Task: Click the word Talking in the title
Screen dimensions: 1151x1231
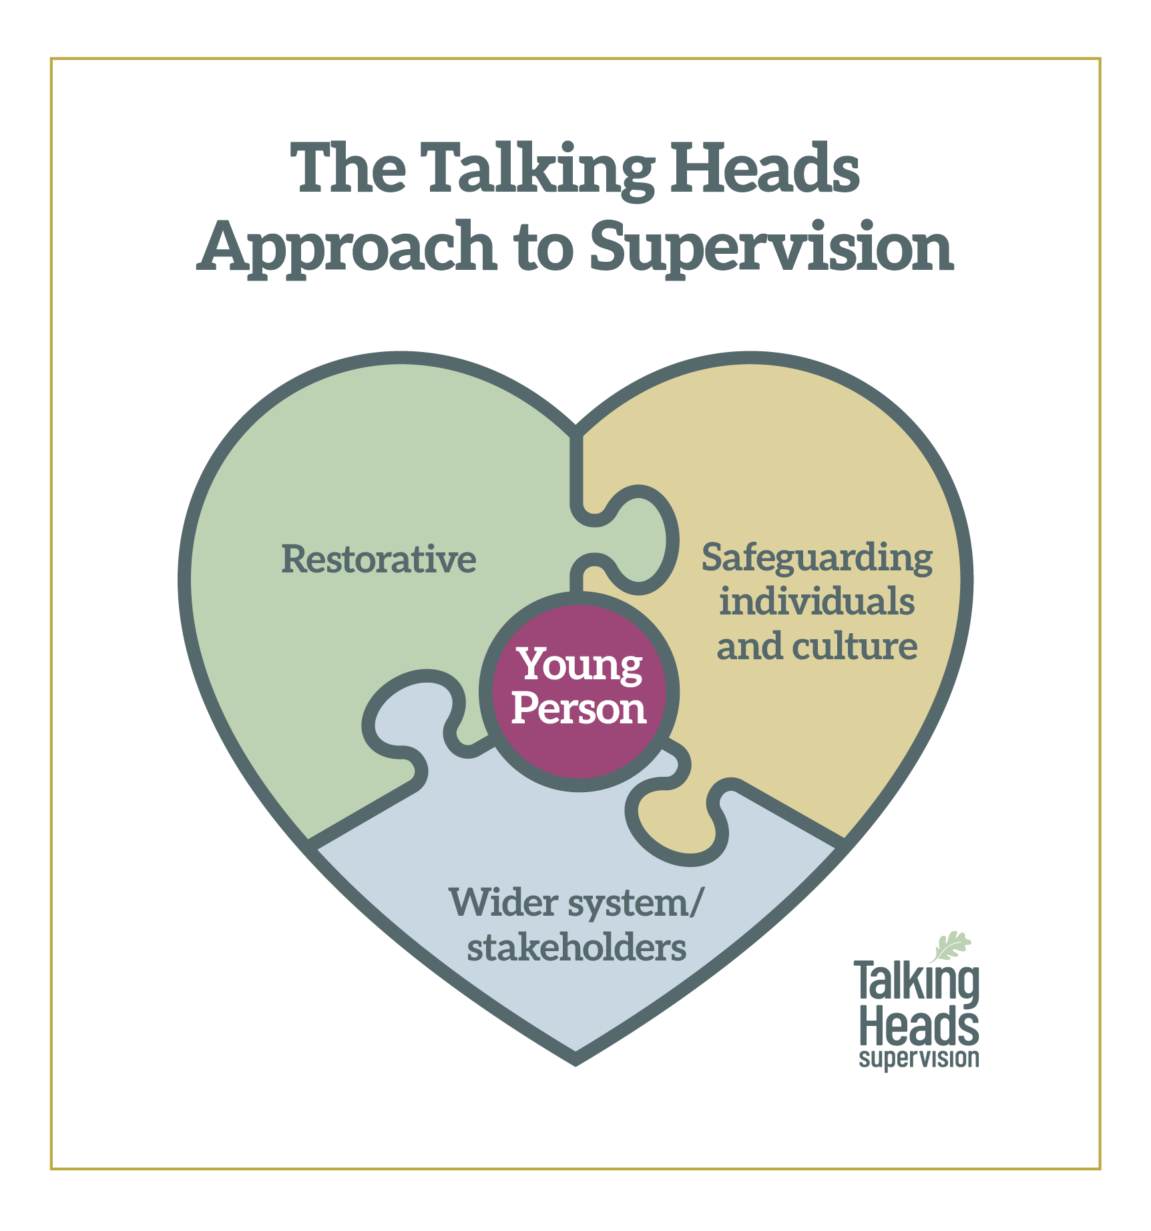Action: click(x=539, y=170)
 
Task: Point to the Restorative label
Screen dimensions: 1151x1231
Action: click(x=379, y=559)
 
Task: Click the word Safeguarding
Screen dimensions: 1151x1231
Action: click(x=817, y=558)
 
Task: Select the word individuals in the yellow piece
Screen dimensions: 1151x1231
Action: click(x=817, y=601)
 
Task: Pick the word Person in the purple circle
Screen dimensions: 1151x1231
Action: click(x=579, y=709)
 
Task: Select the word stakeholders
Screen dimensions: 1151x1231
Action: click(x=577, y=948)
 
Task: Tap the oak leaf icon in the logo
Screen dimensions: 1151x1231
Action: click(x=950, y=946)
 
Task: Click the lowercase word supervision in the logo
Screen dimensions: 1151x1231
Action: click(x=919, y=1058)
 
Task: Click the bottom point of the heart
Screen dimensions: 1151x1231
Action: click(x=575, y=1063)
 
